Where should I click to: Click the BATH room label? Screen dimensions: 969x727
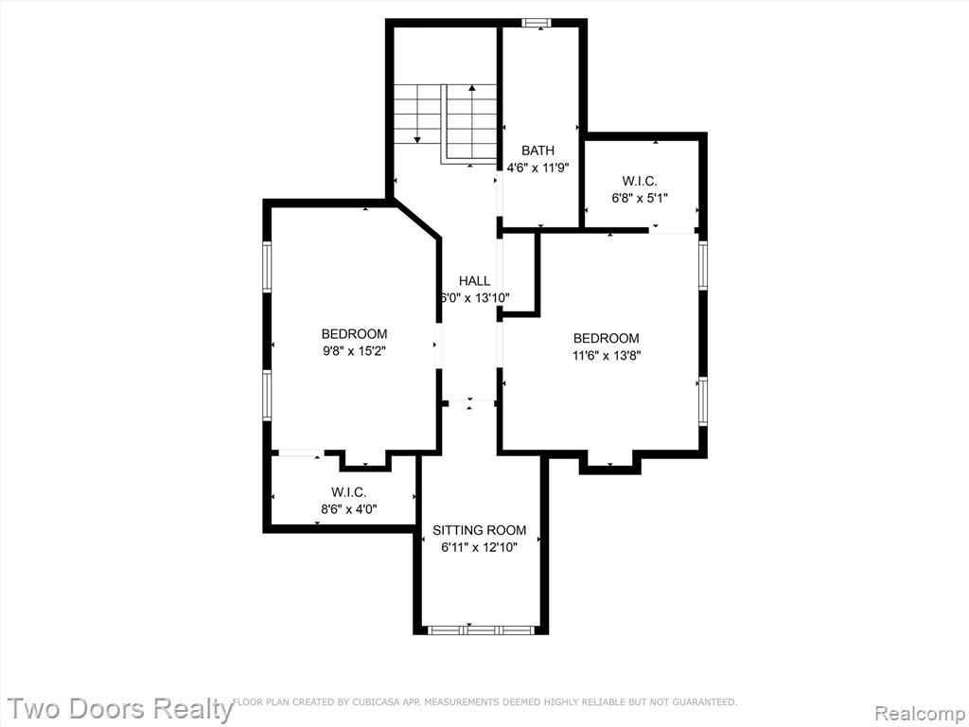[537, 151]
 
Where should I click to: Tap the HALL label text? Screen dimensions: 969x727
[475, 280]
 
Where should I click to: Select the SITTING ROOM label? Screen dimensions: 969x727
[480, 530]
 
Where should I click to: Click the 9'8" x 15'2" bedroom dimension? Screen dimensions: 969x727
[354, 351]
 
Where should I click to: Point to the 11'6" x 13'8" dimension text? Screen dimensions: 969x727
[607, 356]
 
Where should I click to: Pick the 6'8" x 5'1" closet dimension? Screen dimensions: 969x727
[640, 198]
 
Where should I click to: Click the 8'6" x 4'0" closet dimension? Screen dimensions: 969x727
[348, 509]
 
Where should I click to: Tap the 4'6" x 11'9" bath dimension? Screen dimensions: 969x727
[537, 167]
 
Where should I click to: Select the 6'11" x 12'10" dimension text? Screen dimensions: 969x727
[480, 547]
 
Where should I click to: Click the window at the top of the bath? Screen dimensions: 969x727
[536, 23]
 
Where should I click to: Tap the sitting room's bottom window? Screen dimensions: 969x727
[480, 630]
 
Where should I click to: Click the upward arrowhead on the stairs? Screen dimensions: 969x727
[472, 88]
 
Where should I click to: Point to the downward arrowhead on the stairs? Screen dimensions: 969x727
[417, 140]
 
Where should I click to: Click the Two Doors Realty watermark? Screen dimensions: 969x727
[120, 708]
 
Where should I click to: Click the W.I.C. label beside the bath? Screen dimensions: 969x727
[640, 181]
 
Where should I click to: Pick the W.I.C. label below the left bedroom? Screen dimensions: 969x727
[348, 492]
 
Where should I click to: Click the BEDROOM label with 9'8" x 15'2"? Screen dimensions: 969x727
[354, 334]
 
